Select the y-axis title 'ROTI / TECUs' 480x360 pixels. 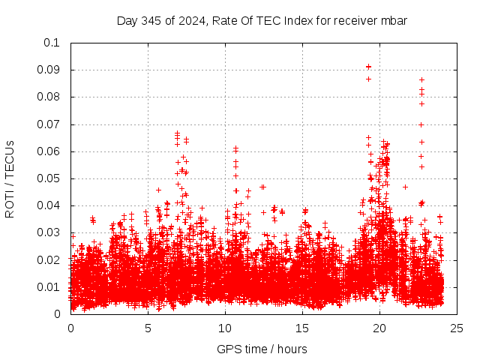(10, 178)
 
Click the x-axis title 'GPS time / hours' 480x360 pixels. (262, 349)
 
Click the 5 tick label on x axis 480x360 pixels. (148, 328)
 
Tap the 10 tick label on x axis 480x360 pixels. (226, 328)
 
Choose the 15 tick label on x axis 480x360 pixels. (303, 328)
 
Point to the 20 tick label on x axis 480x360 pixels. (380, 328)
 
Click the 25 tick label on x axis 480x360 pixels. (457, 328)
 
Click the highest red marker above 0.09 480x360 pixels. (368, 67)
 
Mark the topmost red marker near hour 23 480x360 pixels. (421, 79)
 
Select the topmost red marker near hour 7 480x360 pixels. (177, 133)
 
